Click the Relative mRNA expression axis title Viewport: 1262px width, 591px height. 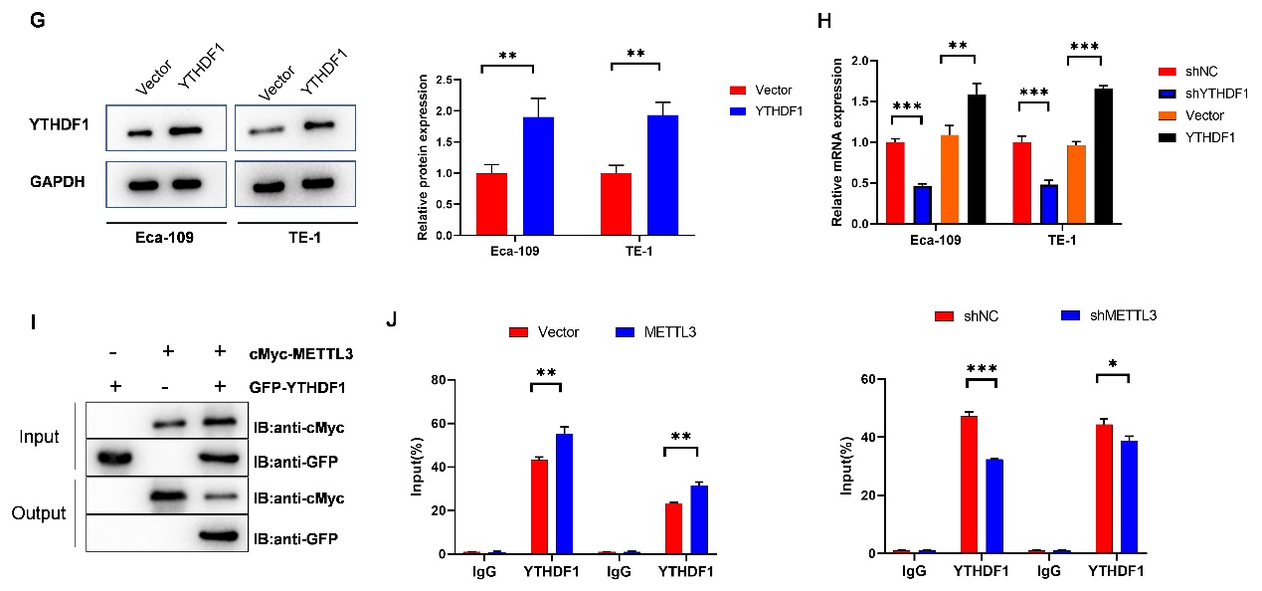[837, 142]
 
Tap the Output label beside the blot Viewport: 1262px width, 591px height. [38, 513]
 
